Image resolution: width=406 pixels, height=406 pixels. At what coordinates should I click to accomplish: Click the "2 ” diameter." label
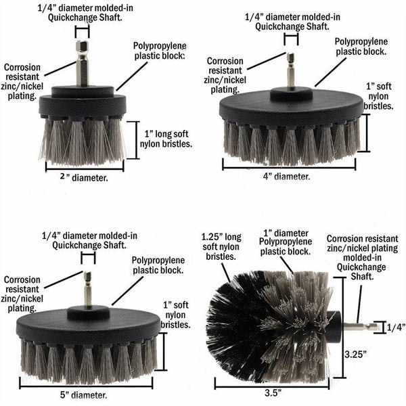point(84,177)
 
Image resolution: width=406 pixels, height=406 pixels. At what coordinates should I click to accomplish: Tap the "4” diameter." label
point(286,177)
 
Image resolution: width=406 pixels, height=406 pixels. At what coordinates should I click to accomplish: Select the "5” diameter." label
point(83,395)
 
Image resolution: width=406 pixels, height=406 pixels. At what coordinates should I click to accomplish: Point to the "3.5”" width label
point(273,393)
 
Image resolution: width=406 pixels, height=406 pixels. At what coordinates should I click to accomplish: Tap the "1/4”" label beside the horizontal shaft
point(396,328)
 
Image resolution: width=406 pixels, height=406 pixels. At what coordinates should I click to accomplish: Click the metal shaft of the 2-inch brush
point(83,64)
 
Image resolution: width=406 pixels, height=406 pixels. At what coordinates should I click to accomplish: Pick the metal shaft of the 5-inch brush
point(88,289)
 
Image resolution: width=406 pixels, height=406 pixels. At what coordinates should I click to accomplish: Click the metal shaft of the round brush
point(361,327)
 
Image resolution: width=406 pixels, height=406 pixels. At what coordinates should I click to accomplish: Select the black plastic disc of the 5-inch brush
point(88,325)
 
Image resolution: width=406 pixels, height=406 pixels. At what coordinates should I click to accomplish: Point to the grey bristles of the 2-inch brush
point(83,141)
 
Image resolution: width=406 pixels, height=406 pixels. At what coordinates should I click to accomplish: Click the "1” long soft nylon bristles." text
point(166,139)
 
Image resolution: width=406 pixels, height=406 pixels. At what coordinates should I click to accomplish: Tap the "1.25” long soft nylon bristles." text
point(221,247)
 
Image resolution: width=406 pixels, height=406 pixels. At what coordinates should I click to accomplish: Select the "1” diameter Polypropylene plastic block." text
point(286,242)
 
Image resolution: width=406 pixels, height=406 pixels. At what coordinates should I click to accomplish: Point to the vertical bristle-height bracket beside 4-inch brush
point(367,133)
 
